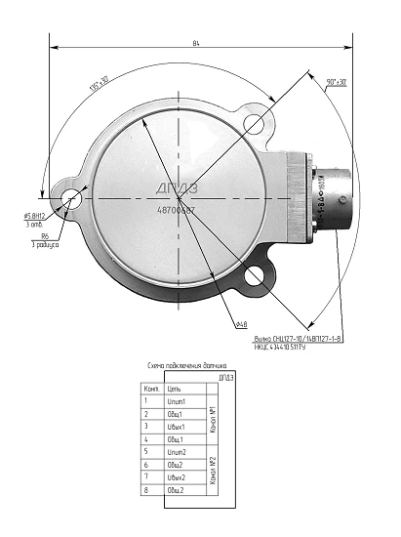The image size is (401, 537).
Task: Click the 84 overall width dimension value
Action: pyautogui.click(x=197, y=42)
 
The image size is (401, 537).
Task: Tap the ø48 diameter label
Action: pyautogui.click(x=240, y=323)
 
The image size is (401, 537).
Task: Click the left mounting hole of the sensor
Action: pyautogui.click(x=71, y=200)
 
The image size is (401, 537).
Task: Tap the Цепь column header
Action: pyautogui.click(x=174, y=388)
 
